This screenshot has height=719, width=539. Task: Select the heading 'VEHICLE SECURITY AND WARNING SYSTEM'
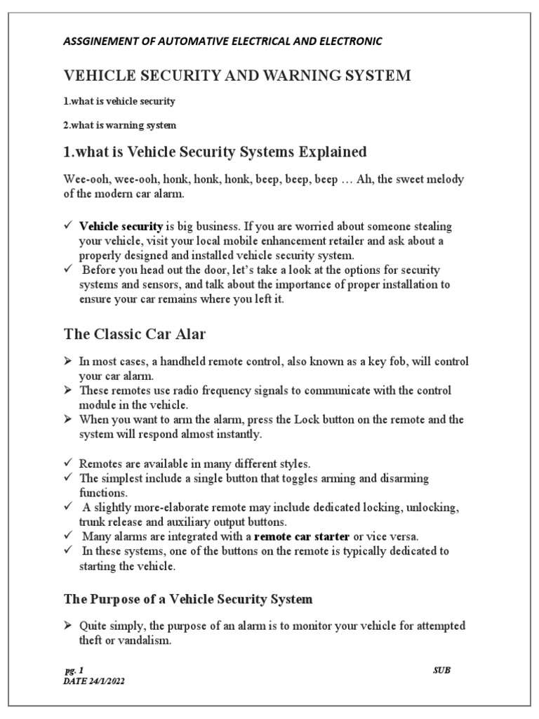click(x=237, y=76)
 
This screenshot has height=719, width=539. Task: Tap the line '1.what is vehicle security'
click(x=119, y=101)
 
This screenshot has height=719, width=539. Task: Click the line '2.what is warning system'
click(x=120, y=126)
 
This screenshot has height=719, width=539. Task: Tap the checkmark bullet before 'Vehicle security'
click(x=67, y=226)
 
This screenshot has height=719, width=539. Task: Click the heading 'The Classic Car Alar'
click(x=135, y=334)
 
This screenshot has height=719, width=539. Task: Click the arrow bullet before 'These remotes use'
click(x=67, y=390)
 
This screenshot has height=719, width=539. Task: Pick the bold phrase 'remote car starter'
click(x=301, y=536)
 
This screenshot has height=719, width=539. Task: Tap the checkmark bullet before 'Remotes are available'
click(x=67, y=464)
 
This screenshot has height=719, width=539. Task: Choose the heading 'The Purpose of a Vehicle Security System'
click(x=188, y=599)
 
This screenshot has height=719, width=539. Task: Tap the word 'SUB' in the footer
click(x=441, y=670)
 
